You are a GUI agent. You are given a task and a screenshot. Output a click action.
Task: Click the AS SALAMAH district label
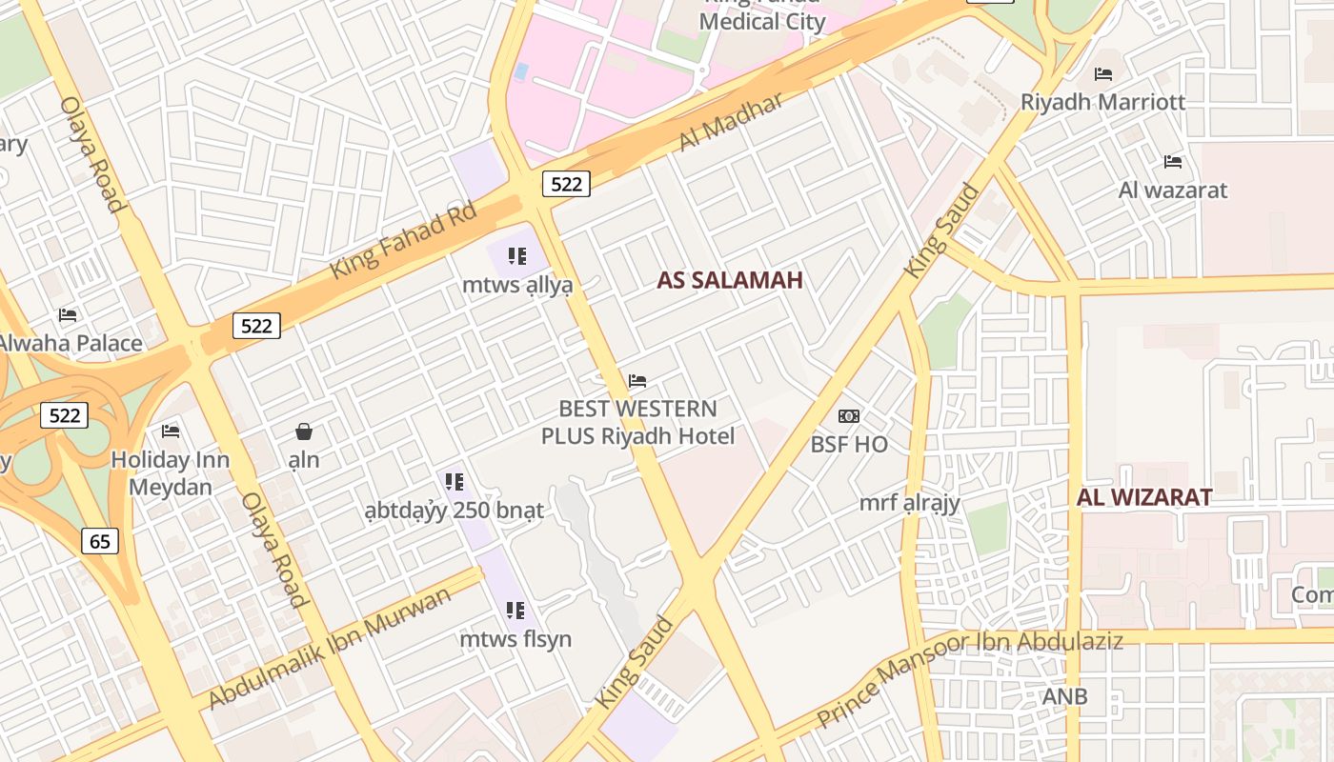click(x=730, y=280)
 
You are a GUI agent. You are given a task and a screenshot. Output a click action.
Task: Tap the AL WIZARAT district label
click(x=1144, y=497)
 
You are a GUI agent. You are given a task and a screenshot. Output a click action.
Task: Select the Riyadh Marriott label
click(x=1102, y=102)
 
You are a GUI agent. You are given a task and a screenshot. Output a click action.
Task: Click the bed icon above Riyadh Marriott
click(x=1103, y=73)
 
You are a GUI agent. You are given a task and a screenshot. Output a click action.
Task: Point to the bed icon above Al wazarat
click(x=1173, y=162)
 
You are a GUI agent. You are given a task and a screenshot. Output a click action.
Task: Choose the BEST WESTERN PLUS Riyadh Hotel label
click(x=638, y=423)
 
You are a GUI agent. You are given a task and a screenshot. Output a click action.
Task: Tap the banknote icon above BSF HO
click(x=849, y=416)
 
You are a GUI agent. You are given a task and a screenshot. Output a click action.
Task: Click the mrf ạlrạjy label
click(x=910, y=502)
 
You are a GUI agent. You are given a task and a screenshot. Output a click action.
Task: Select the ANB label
click(x=1064, y=696)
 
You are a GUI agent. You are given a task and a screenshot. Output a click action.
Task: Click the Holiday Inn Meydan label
click(x=171, y=473)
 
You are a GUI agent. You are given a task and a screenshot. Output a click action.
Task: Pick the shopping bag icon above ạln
click(x=304, y=431)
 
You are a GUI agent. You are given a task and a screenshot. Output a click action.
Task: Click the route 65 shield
click(x=100, y=542)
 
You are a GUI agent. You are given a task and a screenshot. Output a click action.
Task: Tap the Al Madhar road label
click(x=731, y=121)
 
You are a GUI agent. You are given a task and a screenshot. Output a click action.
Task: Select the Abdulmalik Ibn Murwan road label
click(x=330, y=648)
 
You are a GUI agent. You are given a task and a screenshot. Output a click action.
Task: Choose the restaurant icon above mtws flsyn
click(x=515, y=611)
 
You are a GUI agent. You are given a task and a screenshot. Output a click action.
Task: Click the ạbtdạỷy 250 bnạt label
click(x=454, y=511)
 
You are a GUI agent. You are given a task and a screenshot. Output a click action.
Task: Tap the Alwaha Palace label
click(x=71, y=343)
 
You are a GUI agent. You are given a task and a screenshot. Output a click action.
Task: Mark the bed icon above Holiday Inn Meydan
click(x=171, y=431)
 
